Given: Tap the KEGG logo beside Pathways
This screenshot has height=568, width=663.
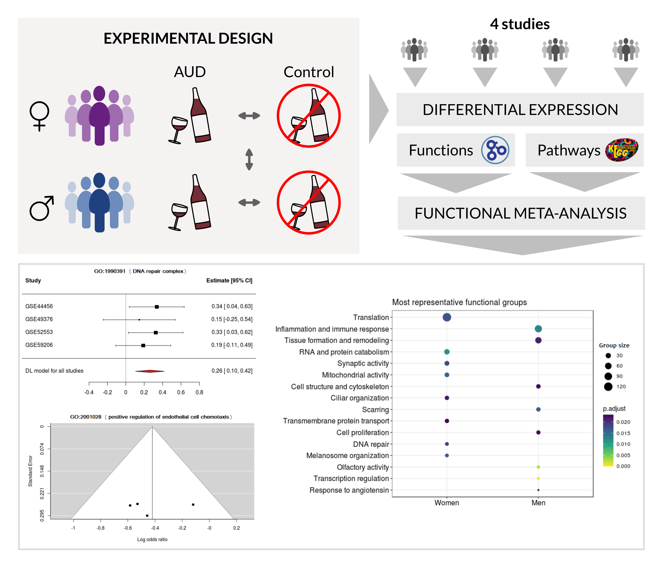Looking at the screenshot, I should [621, 150].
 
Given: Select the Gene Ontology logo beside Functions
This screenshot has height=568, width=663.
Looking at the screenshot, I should [495, 150].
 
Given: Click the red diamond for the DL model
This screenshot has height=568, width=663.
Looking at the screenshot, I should [150, 371].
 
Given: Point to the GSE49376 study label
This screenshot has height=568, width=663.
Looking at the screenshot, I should [39, 319].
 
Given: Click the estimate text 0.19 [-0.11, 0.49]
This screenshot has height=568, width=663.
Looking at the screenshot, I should [232, 345].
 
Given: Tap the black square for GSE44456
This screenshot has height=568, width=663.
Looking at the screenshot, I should [157, 307].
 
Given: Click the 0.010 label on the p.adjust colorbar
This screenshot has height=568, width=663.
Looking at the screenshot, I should [623, 444].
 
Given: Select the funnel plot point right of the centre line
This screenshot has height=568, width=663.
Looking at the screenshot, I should [193, 505].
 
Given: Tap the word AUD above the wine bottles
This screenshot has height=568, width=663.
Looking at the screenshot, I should [190, 72].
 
